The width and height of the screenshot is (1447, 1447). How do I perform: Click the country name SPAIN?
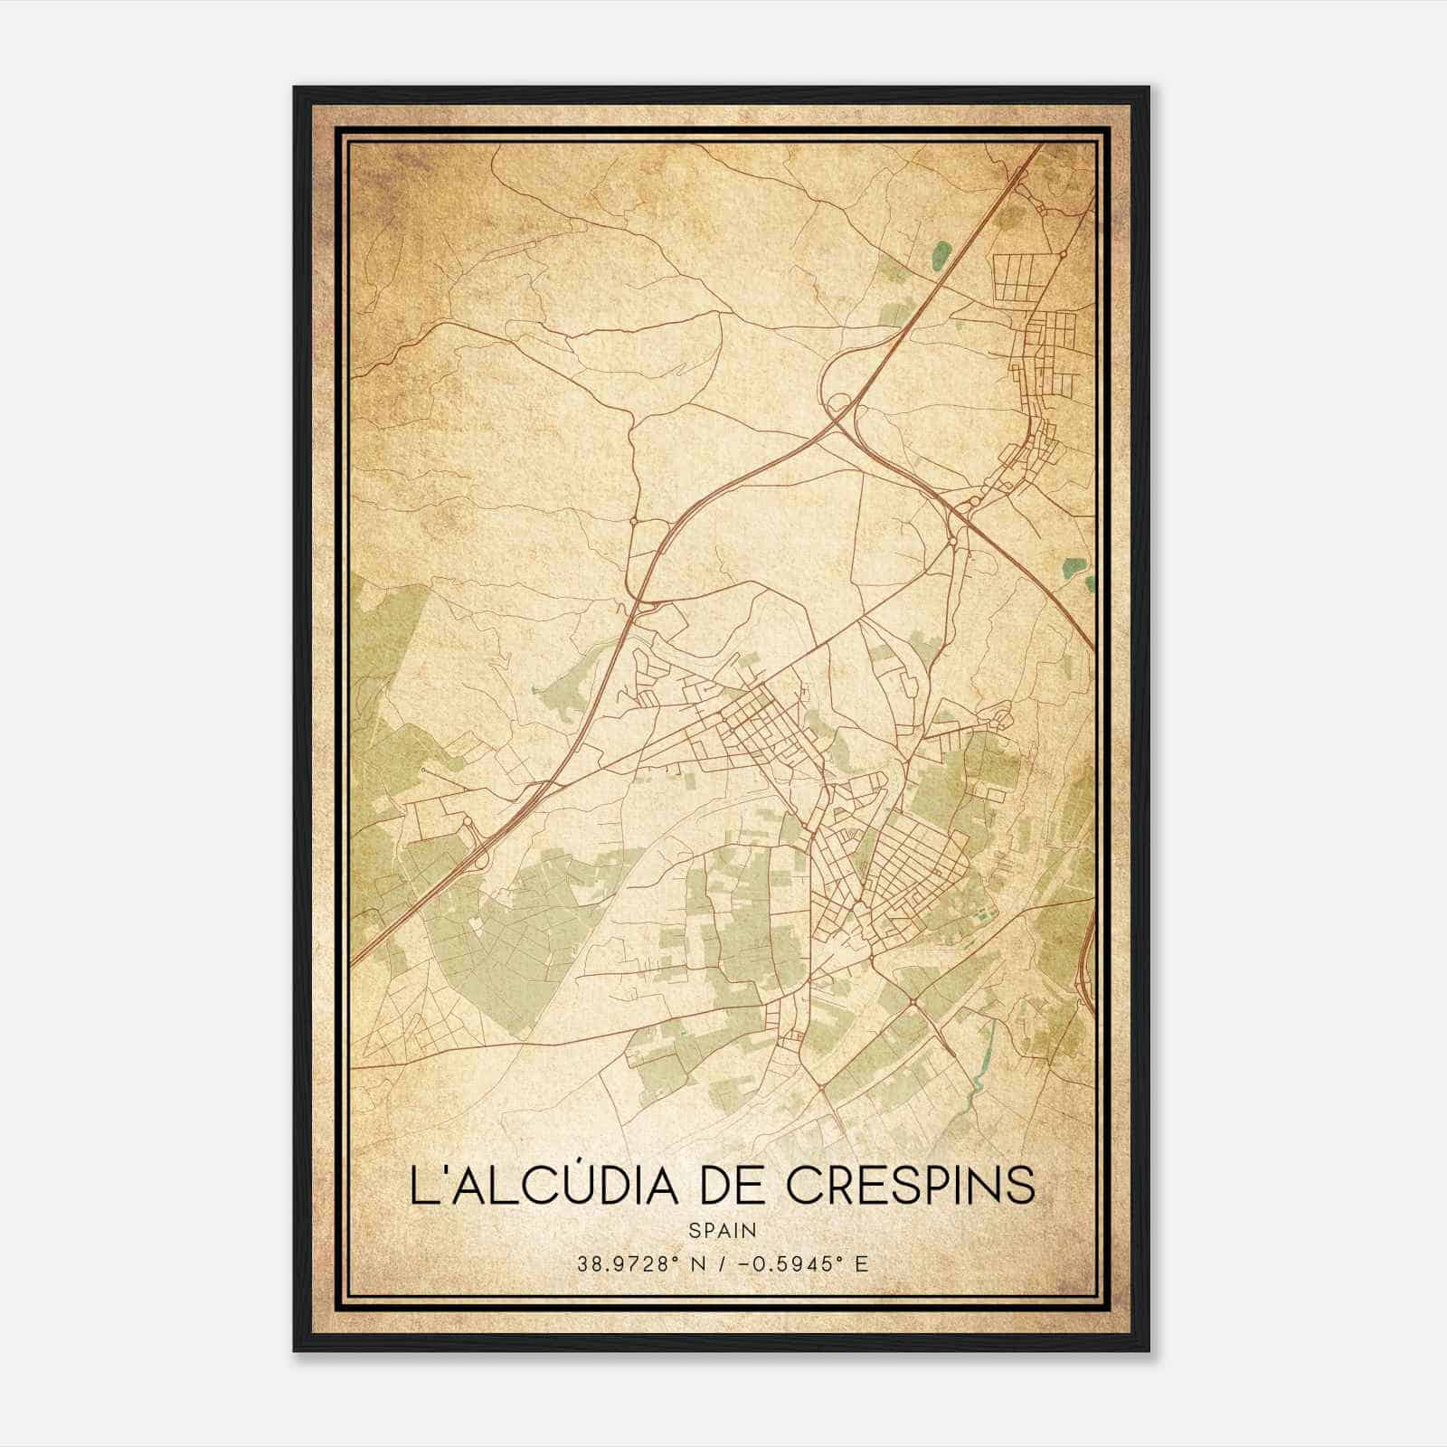click(x=722, y=1231)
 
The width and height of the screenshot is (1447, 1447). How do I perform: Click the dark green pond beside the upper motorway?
click(x=941, y=254)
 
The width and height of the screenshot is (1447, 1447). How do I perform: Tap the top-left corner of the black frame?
click(x=296, y=89)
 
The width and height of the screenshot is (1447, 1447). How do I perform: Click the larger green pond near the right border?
click(x=1073, y=569)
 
